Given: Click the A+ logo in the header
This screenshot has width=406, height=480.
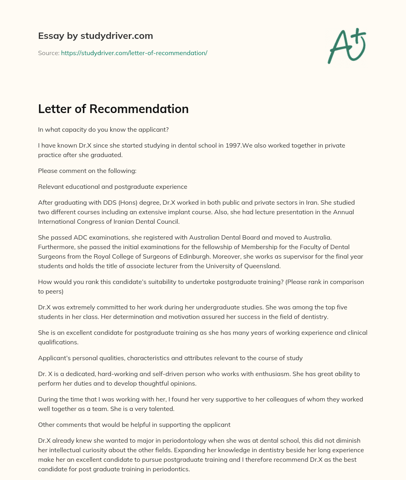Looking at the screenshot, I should click(347, 46).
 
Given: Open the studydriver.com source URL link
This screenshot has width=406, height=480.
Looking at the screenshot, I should click(134, 53).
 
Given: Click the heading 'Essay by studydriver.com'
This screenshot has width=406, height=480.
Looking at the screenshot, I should click(96, 36).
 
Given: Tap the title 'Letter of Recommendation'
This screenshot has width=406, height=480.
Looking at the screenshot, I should click(113, 109).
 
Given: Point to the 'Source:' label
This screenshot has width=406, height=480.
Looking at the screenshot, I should click(48, 53).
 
